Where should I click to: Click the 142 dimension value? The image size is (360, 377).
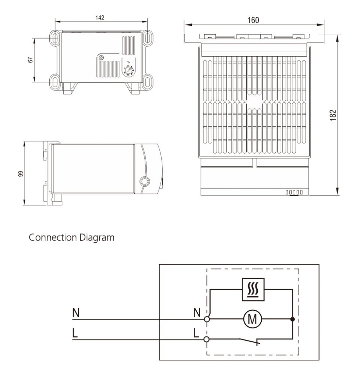[100, 18]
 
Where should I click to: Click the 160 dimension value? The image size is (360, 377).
[253, 20]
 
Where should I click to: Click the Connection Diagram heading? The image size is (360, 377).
[71, 238]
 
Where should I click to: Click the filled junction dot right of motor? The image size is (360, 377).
[292, 320]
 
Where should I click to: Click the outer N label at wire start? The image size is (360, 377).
[75, 313]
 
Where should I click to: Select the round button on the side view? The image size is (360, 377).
[145, 181]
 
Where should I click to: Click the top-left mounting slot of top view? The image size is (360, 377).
[54, 37]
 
